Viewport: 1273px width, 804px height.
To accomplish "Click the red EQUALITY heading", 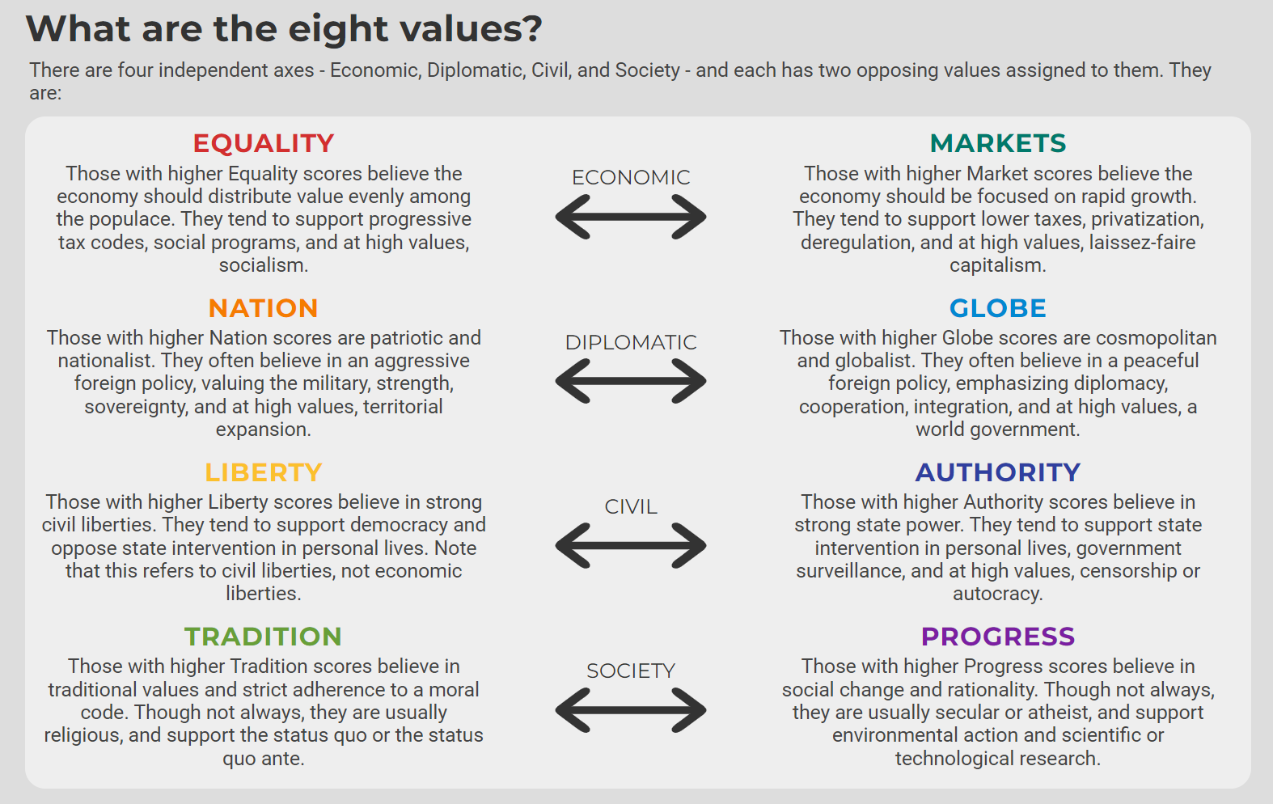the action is pos(263,143).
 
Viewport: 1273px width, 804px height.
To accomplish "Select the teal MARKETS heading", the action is pos(998,143).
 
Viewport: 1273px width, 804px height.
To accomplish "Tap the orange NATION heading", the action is pos(263,308).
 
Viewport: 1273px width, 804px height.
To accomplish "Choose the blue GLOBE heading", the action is pos(998,308).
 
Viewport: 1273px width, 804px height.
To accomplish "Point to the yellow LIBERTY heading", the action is pos(263,472).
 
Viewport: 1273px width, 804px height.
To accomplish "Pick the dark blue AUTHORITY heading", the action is pos(998,472).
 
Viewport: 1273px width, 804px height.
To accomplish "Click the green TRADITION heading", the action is pos(263,637).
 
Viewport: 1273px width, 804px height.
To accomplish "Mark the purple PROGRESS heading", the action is pos(998,637).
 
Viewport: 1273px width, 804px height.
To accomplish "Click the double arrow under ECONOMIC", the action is pos(631,217).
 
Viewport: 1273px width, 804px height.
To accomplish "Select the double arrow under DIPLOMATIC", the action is pos(631,381).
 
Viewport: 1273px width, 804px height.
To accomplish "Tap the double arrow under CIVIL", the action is pos(631,545).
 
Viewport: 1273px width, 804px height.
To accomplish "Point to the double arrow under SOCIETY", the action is pos(631,709).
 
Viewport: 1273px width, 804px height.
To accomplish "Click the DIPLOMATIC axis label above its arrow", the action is pos(631,342).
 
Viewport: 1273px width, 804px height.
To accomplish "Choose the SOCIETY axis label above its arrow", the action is pos(631,671).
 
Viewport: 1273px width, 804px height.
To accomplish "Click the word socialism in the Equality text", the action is pos(263,265).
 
